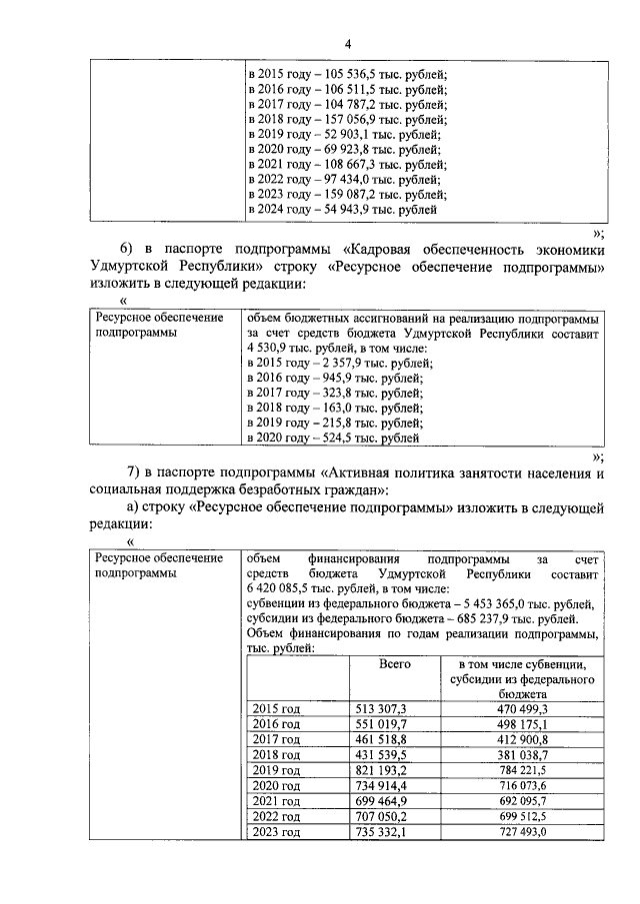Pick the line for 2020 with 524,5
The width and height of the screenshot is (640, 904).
click(x=331, y=438)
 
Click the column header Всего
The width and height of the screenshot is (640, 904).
click(x=395, y=663)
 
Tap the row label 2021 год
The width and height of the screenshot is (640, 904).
click(x=276, y=802)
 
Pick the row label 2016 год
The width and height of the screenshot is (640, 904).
click(x=276, y=724)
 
